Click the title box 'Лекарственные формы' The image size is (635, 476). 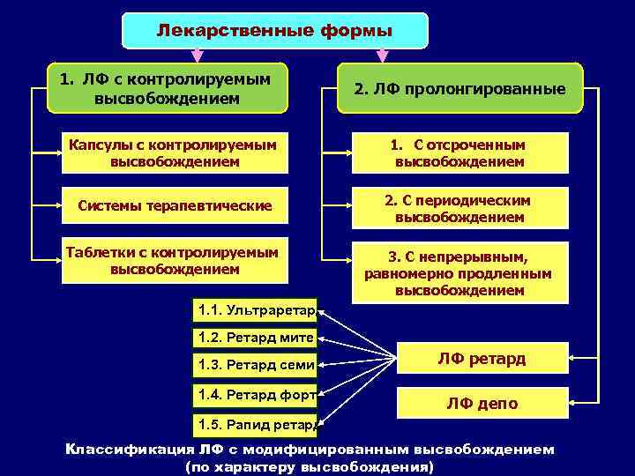pyautogui.click(x=274, y=31)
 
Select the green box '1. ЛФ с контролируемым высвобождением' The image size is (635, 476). pyautogui.click(x=168, y=88)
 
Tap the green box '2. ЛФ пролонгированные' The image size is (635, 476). pyautogui.click(x=459, y=89)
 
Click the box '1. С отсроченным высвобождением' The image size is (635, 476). pyautogui.click(x=459, y=153)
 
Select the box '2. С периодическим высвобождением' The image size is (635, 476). pyautogui.click(x=459, y=209)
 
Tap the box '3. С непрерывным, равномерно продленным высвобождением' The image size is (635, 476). pyautogui.click(x=459, y=273)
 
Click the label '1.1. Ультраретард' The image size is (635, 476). pyautogui.click(x=255, y=310)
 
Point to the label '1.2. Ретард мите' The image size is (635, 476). pyautogui.click(x=255, y=336)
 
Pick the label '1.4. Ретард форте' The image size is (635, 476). pyautogui.click(x=255, y=395)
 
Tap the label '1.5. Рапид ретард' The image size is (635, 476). pyautogui.click(x=255, y=425)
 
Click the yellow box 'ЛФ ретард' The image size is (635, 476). pyautogui.click(x=482, y=359)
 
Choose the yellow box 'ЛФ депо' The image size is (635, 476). pyautogui.click(x=482, y=404)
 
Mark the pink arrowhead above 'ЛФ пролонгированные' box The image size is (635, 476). pyautogui.click(x=382, y=55)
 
